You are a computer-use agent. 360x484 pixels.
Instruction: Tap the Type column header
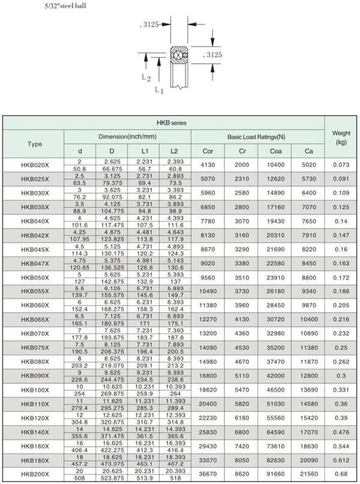click(x=35, y=144)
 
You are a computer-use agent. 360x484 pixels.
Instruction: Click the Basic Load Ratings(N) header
click(x=256, y=137)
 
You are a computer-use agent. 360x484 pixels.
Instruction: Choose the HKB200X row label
click(x=35, y=474)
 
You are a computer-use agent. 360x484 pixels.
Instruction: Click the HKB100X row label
click(x=35, y=390)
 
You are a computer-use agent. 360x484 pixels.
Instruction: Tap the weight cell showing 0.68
click(x=341, y=474)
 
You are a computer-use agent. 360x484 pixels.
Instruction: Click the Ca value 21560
click(x=308, y=474)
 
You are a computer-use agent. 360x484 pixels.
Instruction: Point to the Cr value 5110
click(x=241, y=376)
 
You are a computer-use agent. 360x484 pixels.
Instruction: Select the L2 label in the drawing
click(x=146, y=77)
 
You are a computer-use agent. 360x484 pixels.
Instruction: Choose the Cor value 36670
click(x=208, y=474)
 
